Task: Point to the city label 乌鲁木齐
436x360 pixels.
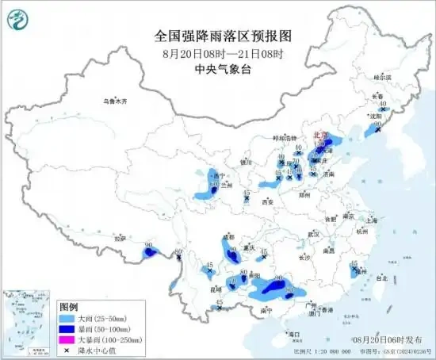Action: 114,101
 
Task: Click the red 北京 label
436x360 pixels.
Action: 321,136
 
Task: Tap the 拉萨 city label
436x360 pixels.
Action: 120,237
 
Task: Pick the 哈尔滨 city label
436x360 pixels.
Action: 380,78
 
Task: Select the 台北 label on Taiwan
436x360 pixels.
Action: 381,278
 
